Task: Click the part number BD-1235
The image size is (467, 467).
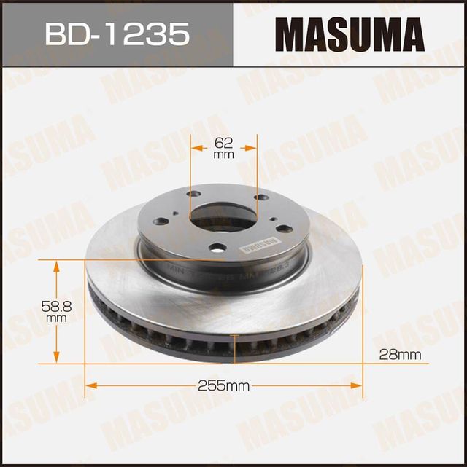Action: tap(117, 34)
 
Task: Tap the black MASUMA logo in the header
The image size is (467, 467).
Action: tap(349, 34)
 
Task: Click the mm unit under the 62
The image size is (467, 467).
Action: tap(224, 154)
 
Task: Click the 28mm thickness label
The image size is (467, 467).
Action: tap(401, 355)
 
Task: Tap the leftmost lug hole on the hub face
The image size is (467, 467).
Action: tap(162, 221)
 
